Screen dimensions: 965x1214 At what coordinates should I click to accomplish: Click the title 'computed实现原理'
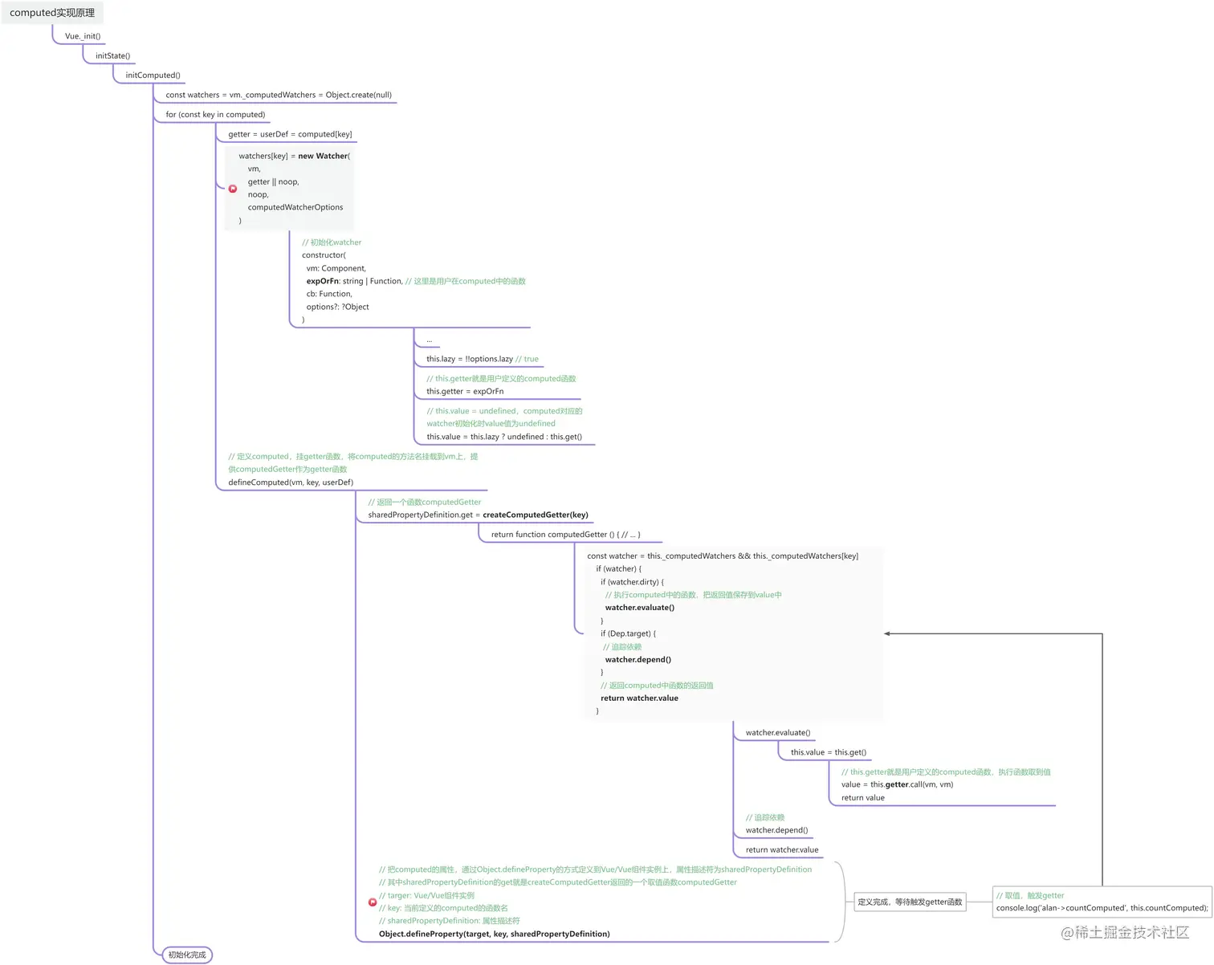click(52, 13)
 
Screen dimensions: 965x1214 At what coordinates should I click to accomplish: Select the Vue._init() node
click(83, 36)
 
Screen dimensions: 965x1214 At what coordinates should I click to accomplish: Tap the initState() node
click(112, 56)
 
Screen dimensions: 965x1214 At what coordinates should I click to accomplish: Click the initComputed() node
click(153, 75)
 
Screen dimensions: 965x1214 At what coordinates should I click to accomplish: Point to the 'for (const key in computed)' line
click(215, 115)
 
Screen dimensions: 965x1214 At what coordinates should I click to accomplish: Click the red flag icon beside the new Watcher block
click(233, 189)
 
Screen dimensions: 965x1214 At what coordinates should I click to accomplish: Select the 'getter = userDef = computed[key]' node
click(290, 134)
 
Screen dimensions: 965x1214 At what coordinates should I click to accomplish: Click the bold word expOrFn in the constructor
click(322, 281)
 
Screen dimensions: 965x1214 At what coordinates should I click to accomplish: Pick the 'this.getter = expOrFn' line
click(465, 392)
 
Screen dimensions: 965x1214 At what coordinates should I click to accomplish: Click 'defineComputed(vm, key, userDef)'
click(291, 482)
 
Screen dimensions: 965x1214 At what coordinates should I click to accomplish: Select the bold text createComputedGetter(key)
click(536, 515)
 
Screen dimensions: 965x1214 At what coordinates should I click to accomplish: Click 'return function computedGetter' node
click(565, 535)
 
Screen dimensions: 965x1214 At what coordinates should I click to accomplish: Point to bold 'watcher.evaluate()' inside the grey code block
click(639, 608)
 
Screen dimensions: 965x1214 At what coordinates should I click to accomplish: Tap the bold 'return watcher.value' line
click(639, 698)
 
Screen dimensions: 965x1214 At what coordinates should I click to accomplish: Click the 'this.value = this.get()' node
click(828, 752)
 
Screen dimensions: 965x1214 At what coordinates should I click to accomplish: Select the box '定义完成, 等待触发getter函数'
click(910, 902)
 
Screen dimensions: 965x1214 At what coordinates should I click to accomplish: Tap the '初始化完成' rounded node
click(187, 955)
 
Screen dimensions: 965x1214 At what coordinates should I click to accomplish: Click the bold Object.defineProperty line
click(494, 934)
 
